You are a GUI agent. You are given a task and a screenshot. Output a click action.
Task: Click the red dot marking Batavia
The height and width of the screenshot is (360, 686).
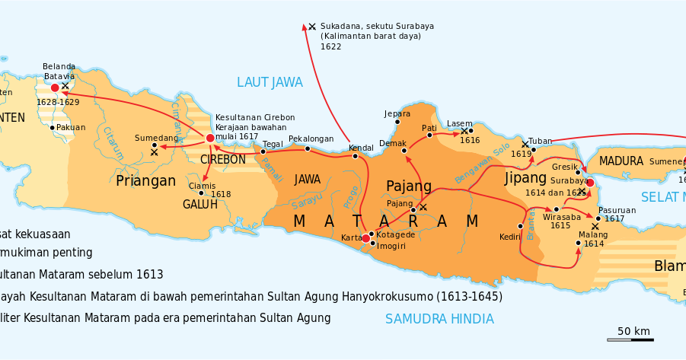tap(55, 88)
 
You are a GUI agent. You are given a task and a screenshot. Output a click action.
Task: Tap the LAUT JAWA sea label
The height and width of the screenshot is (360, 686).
tap(270, 82)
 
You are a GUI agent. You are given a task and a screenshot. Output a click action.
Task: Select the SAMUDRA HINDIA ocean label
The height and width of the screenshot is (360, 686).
tap(439, 319)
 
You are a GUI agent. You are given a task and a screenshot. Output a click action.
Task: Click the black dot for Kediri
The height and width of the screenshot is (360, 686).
tap(521, 226)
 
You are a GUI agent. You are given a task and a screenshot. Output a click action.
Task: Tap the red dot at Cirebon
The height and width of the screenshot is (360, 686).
tap(210, 138)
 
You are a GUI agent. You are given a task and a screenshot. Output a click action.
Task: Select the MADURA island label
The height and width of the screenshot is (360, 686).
tap(621, 161)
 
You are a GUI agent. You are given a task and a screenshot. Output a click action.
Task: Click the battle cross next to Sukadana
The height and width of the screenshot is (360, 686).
tap(312, 27)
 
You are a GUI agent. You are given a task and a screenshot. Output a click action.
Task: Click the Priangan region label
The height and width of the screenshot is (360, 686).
tap(146, 180)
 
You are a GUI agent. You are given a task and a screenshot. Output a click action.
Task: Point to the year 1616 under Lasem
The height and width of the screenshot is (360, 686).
tap(470, 141)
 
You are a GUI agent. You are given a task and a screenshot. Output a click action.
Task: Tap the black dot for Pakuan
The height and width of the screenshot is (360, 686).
tap(52, 127)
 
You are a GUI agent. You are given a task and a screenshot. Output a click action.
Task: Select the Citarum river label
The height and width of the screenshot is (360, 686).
tap(113, 142)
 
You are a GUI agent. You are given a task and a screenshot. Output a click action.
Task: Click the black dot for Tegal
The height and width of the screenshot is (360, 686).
tap(263, 151)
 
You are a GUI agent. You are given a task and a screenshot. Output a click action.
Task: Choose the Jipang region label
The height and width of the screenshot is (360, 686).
tap(525, 177)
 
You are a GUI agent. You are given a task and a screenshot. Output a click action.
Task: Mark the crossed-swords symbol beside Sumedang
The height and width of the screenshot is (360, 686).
tap(155, 153)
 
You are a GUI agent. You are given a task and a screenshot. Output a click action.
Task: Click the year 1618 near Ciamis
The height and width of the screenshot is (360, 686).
tap(221, 195)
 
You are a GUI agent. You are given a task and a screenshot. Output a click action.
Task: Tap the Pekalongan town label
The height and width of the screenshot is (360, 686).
tap(311, 139)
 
